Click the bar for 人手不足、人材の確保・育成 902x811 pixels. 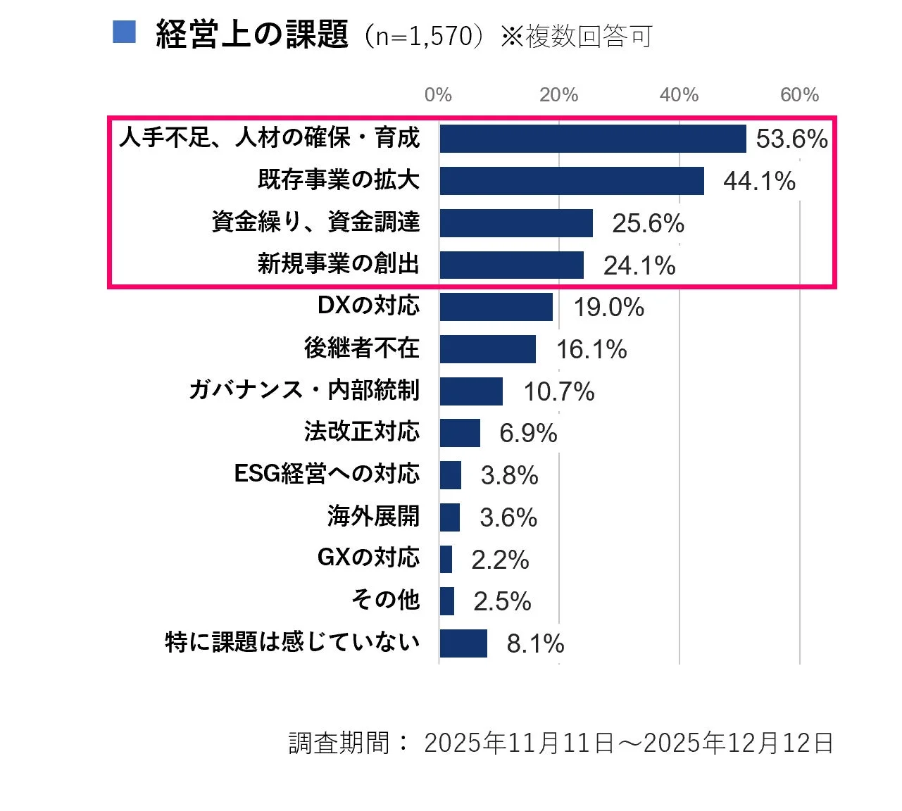pos(592,139)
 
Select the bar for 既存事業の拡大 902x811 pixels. pos(571,181)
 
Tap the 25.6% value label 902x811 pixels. pos(648,223)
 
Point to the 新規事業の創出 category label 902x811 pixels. pos(338,264)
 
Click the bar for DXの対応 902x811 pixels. pos(496,307)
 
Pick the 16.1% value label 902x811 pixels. pos(591,349)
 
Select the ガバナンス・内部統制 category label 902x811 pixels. pos(304,390)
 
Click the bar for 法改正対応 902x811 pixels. pos(460,433)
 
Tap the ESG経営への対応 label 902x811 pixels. pos(327,474)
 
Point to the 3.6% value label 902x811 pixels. pos(508,517)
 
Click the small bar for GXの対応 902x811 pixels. pos(446,559)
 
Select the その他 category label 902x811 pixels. pos(385,600)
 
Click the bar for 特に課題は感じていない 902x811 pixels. pos(463,643)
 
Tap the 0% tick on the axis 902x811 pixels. pos(438,95)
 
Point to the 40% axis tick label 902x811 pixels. pos(679,95)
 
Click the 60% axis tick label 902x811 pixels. pos(799,95)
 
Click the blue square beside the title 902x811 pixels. pos(124,32)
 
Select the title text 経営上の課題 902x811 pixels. pos(252,34)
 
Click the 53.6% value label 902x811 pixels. pos(791,139)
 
